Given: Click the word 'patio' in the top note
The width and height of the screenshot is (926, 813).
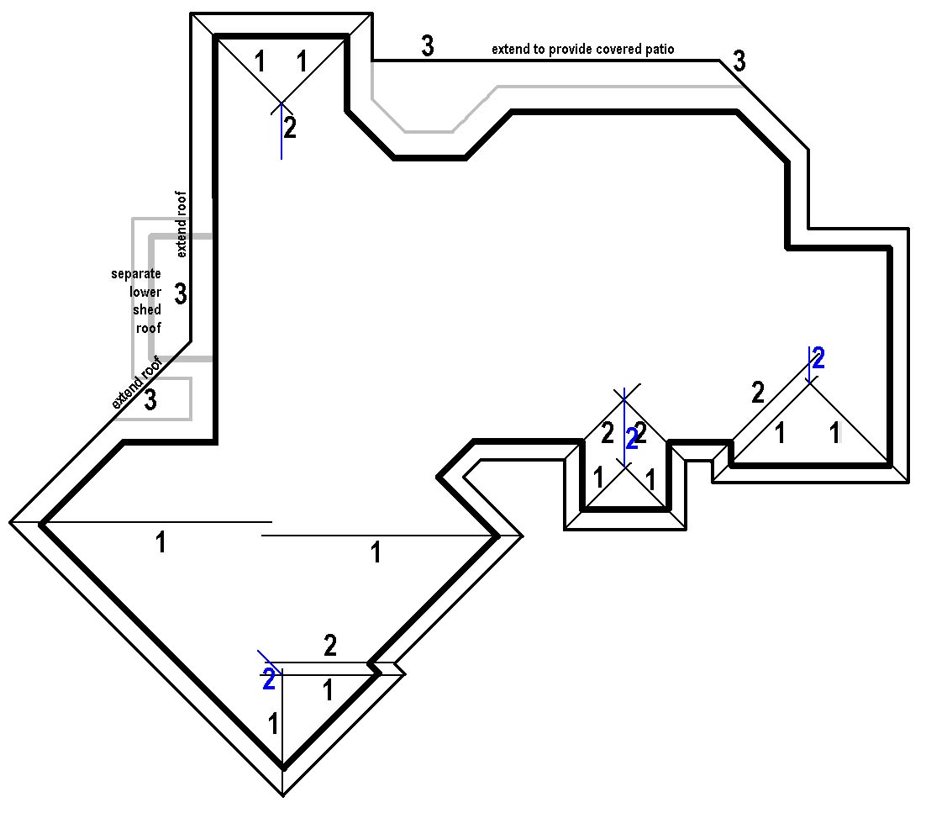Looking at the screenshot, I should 657,50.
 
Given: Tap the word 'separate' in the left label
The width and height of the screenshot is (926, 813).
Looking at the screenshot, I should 136,274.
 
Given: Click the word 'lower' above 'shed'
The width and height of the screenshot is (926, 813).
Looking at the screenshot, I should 145,292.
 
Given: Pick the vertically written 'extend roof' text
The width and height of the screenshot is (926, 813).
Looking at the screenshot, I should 182,224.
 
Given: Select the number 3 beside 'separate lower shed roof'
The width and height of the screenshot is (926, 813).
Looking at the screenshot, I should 181,293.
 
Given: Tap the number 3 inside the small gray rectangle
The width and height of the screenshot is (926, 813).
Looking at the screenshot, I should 150,400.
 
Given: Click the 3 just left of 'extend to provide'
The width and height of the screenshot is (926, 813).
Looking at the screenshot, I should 428,47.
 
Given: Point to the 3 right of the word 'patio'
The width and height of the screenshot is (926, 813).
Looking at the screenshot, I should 739,61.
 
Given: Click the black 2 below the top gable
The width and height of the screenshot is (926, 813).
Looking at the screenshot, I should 289,128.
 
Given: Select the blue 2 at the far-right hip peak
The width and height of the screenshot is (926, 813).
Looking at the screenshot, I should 818,359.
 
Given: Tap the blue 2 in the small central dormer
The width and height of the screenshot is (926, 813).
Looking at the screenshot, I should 633,438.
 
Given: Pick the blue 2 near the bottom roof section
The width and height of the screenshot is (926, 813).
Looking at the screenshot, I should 269,679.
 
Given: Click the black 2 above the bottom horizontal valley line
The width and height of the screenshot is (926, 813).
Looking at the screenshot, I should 330,646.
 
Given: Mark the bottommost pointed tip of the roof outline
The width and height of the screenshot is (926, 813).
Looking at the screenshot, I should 283,795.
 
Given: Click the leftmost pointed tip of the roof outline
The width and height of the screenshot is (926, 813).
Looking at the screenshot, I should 10,522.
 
